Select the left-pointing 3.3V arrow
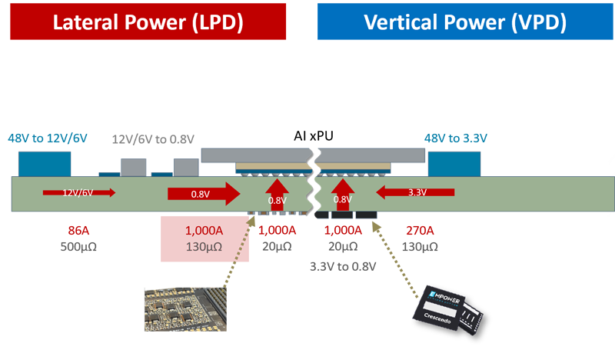pos(411,194)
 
